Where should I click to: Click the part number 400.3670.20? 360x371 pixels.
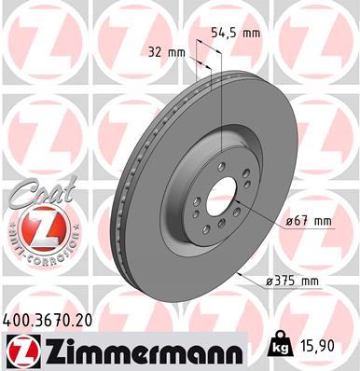click(48, 320)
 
